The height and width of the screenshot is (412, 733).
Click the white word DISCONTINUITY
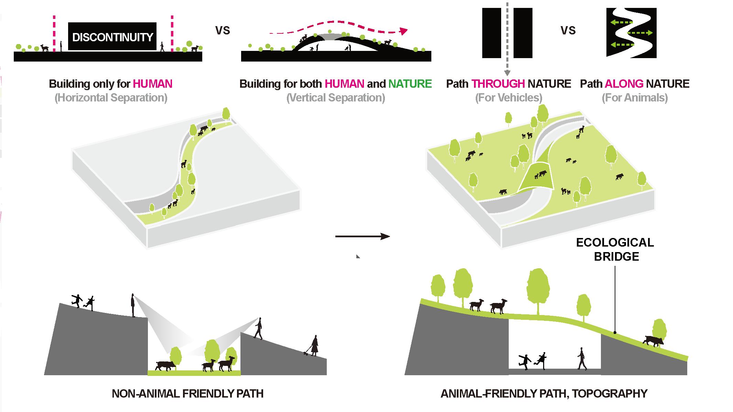click(112, 37)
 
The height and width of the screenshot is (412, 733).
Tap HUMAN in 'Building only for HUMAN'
click(152, 84)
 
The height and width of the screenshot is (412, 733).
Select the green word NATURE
click(410, 84)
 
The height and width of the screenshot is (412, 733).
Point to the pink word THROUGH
click(498, 84)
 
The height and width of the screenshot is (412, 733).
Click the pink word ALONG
click(624, 84)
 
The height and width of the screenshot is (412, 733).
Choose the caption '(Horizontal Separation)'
click(111, 98)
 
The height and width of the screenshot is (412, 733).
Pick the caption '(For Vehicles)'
click(508, 98)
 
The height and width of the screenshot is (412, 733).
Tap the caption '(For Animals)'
click(635, 98)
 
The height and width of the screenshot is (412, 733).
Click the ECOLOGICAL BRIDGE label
click(615, 250)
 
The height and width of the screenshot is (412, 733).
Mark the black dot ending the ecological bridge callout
click(615, 333)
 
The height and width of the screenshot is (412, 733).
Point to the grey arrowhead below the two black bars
click(507, 73)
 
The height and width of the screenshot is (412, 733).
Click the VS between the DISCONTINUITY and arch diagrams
click(222, 31)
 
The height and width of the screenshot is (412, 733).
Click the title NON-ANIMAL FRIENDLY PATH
click(187, 393)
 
